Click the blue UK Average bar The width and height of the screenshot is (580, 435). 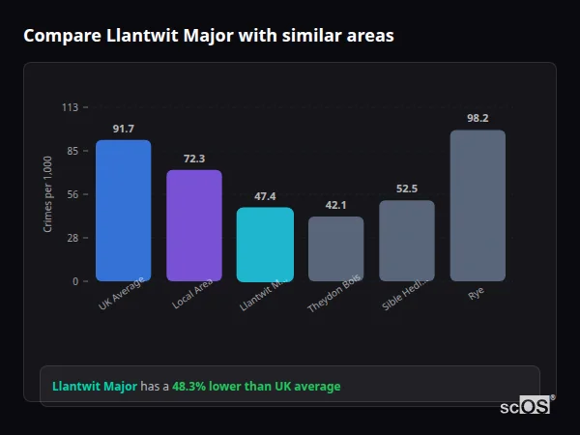click(x=123, y=211)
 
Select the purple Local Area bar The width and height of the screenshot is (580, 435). click(x=194, y=225)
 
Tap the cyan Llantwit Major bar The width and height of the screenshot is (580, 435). click(x=265, y=245)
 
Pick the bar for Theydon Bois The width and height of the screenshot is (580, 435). click(x=335, y=248)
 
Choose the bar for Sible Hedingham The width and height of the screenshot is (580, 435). click(x=407, y=241)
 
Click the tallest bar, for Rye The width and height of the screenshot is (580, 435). click(x=478, y=206)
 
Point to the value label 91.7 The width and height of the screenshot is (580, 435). click(x=123, y=129)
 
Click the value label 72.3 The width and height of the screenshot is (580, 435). click(x=194, y=159)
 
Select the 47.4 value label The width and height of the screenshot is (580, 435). click(x=265, y=196)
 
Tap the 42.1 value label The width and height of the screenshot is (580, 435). click(x=335, y=205)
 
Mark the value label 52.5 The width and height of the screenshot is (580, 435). click(x=407, y=188)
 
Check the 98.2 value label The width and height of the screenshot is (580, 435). click(x=478, y=118)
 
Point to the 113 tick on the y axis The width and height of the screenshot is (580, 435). click(x=70, y=107)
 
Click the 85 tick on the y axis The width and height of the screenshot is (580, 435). click(x=72, y=151)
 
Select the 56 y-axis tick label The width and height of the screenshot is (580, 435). click(x=72, y=194)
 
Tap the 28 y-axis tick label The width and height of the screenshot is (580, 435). click(x=72, y=238)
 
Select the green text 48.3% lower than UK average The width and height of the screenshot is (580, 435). click(x=256, y=387)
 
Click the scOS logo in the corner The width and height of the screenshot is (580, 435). click(x=526, y=406)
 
